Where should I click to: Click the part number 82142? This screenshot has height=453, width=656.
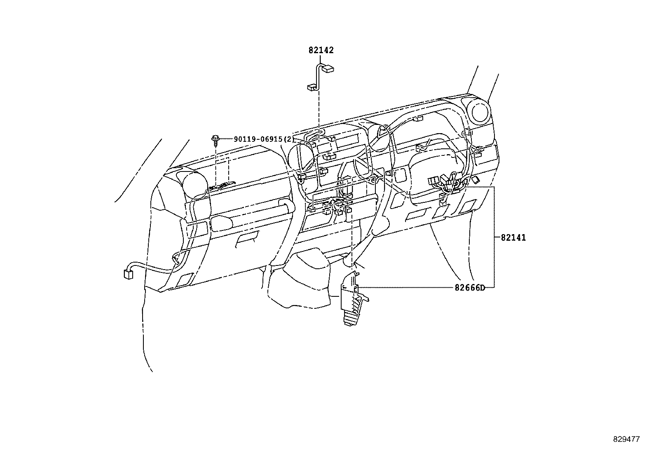click(x=321, y=50)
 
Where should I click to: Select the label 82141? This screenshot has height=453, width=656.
click(x=513, y=238)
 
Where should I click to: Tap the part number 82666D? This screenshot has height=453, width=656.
click(x=470, y=288)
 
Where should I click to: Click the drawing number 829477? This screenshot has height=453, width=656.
click(x=626, y=439)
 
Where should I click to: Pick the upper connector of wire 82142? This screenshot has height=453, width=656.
click(x=328, y=69)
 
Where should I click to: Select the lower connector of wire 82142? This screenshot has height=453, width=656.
click(x=311, y=87)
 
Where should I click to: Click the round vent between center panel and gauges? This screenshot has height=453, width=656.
click(x=379, y=138)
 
